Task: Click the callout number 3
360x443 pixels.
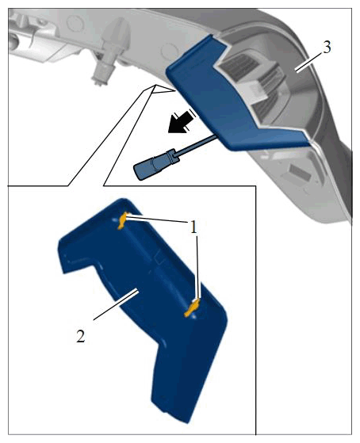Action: [327, 48]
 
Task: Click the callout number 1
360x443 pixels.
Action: [193, 227]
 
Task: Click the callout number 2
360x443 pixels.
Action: [81, 337]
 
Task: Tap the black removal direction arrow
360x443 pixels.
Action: [181, 122]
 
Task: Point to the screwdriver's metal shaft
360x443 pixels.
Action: [197, 144]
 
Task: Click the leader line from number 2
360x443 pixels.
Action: [116, 305]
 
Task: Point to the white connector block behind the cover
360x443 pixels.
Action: [254, 90]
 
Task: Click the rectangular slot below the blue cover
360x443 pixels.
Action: [300, 172]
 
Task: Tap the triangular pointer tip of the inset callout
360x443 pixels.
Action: [155, 85]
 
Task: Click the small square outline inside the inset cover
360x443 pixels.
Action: [159, 258]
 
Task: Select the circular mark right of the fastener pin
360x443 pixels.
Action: [169, 51]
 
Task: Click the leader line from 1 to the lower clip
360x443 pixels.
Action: [198, 268]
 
